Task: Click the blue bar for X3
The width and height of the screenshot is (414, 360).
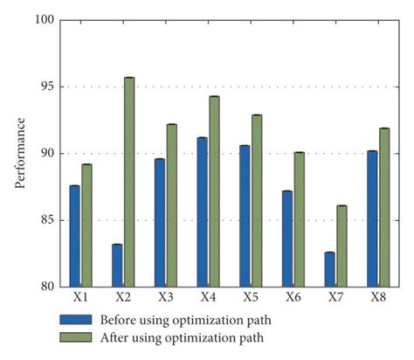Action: [160, 222]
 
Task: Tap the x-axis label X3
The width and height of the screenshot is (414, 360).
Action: [165, 298]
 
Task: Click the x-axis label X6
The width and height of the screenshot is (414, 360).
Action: [293, 298]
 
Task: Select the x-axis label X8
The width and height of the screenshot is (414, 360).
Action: [378, 298]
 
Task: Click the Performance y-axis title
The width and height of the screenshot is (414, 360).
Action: [18, 154]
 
